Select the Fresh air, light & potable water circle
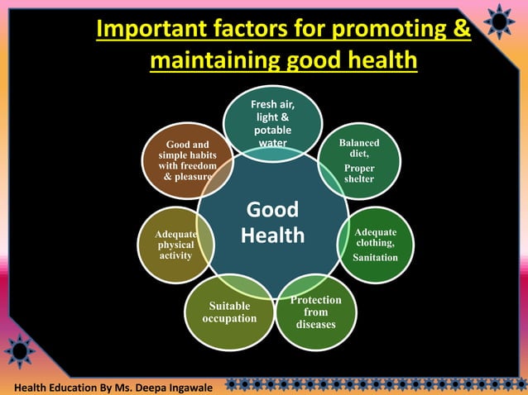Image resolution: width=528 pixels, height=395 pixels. pyautogui.click(x=272, y=124)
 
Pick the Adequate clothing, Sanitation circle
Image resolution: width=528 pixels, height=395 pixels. pyautogui.click(x=375, y=244)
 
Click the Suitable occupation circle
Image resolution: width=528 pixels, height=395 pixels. pyautogui.click(x=229, y=312)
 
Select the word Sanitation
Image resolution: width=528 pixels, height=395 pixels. pyautogui.click(x=375, y=258)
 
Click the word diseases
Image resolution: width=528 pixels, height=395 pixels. pyautogui.click(x=315, y=324)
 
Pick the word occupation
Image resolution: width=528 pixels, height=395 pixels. pyautogui.click(x=229, y=318)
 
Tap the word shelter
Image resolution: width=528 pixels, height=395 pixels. pyautogui.click(x=359, y=179)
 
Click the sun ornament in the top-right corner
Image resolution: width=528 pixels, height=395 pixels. pyautogui.click(x=500, y=21)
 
